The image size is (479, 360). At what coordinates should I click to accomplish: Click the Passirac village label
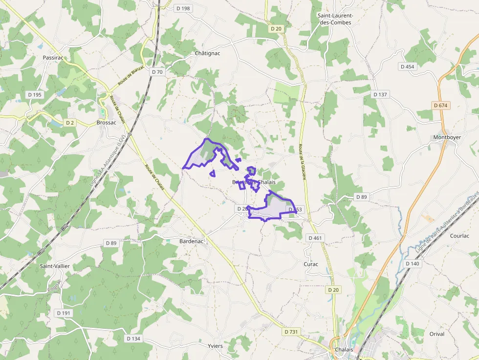pos(53,58)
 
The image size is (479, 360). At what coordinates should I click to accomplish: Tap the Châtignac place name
pos(207,53)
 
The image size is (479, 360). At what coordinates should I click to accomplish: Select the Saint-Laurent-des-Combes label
pos(335,19)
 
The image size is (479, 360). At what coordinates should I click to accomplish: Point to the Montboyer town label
pos(447,137)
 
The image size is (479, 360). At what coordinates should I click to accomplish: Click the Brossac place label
pos(107,123)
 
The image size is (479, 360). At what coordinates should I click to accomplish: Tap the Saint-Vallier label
pos(55,266)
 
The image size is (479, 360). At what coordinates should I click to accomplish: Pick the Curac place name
pos(311,264)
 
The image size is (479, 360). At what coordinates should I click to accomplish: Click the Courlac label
pos(459,235)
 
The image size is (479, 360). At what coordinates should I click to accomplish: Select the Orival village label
pos(437,334)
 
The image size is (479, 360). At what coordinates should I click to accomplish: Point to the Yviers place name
pos(215,346)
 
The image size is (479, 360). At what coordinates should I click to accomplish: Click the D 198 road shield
pos(183,8)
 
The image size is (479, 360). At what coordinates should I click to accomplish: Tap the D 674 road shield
pos(440,105)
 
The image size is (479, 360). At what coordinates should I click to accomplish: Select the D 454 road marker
pos(407,66)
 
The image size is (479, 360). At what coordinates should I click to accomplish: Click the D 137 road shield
pos(380,94)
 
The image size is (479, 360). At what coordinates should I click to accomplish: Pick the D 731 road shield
pos(292,332)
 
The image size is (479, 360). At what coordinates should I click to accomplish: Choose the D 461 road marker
pos(316,238)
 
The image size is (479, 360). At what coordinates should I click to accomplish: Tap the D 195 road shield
pos(35,95)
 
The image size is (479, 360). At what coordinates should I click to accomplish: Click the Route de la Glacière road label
pos(302,162)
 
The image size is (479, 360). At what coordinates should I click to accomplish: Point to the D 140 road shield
pos(413,264)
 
